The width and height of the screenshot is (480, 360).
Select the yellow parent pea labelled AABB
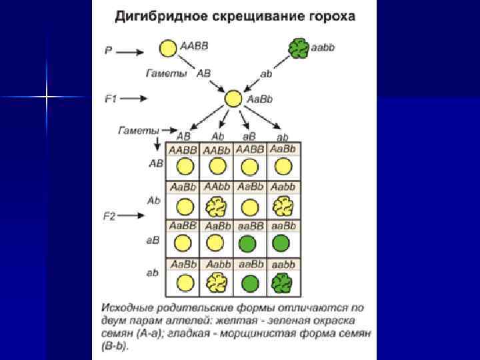coord(168,48)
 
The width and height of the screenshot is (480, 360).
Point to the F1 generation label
coord(111,99)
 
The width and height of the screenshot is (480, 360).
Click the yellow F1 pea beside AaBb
coord(233,99)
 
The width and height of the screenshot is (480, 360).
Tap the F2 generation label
coord(111,216)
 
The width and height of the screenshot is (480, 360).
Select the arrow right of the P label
coord(134,50)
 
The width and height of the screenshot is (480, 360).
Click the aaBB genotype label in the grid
coord(249,225)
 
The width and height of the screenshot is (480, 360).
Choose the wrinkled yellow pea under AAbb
coord(216,207)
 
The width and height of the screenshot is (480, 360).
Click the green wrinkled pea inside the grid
coord(282,283)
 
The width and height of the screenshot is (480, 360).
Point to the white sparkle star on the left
coord(47,97)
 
